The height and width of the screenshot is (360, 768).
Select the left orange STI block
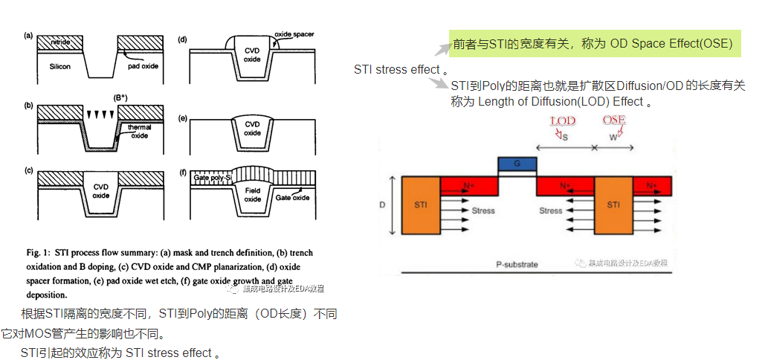[x=421, y=204]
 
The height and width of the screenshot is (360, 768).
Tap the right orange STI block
[x=613, y=204]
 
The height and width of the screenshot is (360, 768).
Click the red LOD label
[x=562, y=120]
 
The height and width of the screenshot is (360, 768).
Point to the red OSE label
[x=615, y=120]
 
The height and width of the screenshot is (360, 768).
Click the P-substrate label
[x=517, y=264]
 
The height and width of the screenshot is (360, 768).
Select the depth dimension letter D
[x=382, y=203]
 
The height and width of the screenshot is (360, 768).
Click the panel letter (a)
[x=29, y=35]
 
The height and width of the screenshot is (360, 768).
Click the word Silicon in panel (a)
[x=60, y=66]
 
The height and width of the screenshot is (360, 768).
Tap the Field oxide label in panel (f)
[x=253, y=195]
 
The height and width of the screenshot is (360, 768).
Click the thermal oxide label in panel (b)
[x=140, y=132]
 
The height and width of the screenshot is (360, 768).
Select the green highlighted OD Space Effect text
[x=593, y=45]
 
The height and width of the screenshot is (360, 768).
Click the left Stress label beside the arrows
[x=483, y=210]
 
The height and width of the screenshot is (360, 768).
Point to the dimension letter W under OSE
[x=613, y=138]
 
